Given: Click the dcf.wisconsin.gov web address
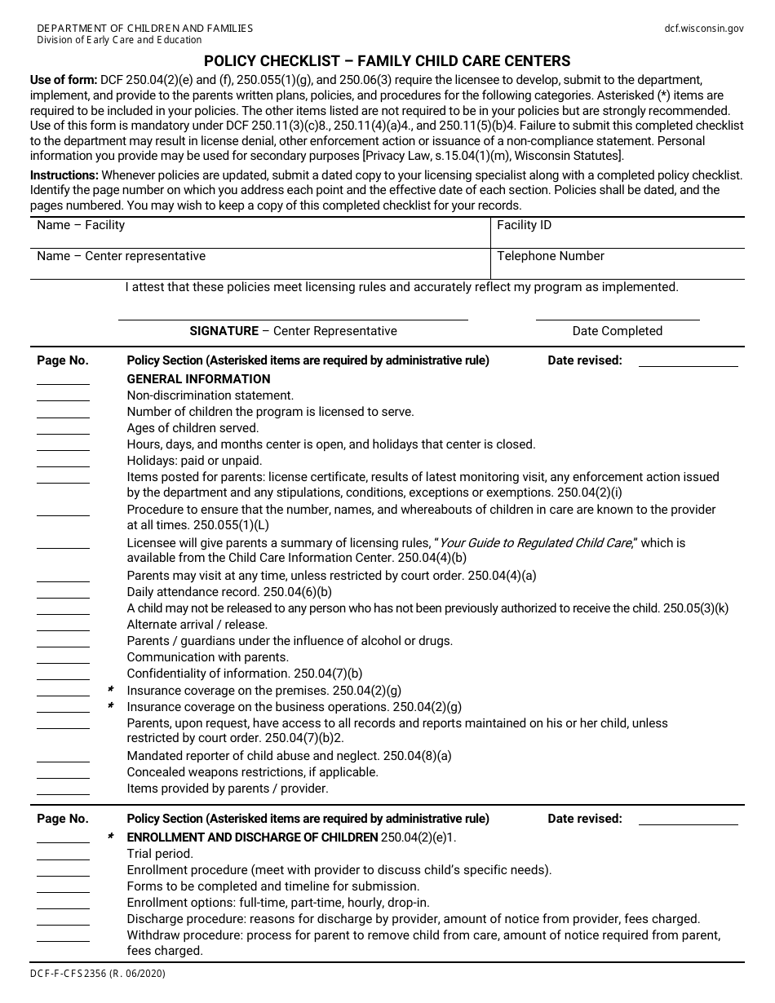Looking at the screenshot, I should click(x=704, y=28).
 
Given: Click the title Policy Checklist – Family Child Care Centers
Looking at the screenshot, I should click(x=387, y=61).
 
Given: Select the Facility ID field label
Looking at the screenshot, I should click(x=524, y=225).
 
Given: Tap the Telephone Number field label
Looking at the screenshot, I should click(x=551, y=256).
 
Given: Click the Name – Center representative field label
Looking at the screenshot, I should click(x=121, y=256).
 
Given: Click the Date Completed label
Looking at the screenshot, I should click(x=617, y=331).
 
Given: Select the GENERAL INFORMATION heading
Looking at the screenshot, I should click(x=198, y=379).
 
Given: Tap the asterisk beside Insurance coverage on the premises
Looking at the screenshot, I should click(x=110, y=690).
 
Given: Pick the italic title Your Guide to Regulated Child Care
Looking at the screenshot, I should click(x=535, y=543).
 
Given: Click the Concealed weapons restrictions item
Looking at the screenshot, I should click(x=252, y=772).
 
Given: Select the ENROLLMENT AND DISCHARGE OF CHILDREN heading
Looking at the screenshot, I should click(x=252, y=837).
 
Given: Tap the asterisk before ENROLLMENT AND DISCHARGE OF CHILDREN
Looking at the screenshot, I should click(x=110, y=837).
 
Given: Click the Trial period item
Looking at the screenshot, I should click(x=160, y=854).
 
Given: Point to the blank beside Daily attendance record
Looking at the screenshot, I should click(x=63, y=595).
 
